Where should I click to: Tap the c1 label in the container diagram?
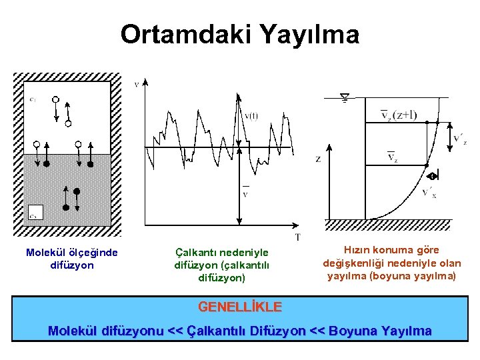(33, 99)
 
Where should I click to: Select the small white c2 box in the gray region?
(35, 213)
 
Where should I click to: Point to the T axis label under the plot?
(297, 237)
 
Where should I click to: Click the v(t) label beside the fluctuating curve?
(251, 116)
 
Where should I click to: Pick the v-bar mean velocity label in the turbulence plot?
(245, 193)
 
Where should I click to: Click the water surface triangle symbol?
(345, 99)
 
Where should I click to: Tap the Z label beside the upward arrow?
(318, 159)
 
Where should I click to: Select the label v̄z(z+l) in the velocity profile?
(398, 116)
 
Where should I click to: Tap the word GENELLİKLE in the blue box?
(240, 307)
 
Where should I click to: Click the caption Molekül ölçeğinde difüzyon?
(71, 259)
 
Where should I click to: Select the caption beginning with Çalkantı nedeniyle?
(221, 265)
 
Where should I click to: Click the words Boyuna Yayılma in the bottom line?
(381, 331)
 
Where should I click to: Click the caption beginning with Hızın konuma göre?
(391, 263)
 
